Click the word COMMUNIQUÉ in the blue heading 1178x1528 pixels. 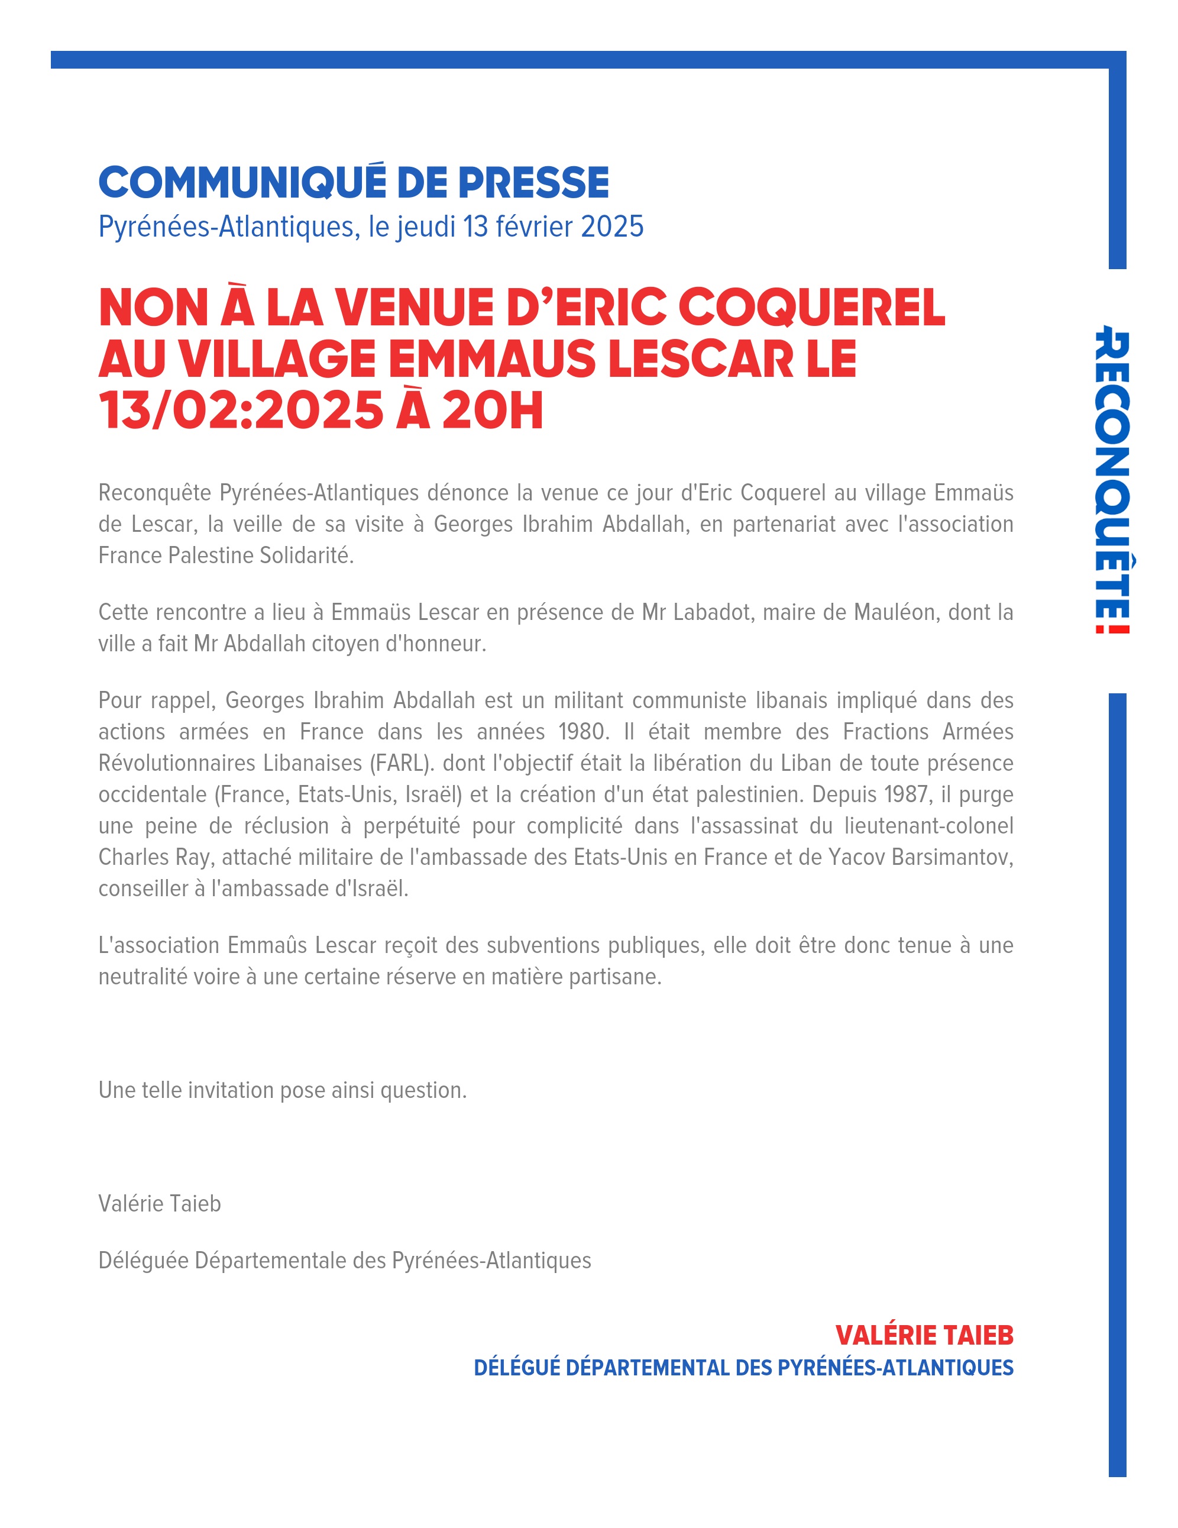(x=242, y=183)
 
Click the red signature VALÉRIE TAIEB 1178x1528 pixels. (x=924, y=1336)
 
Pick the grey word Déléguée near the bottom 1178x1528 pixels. (x=143, y=1260)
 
